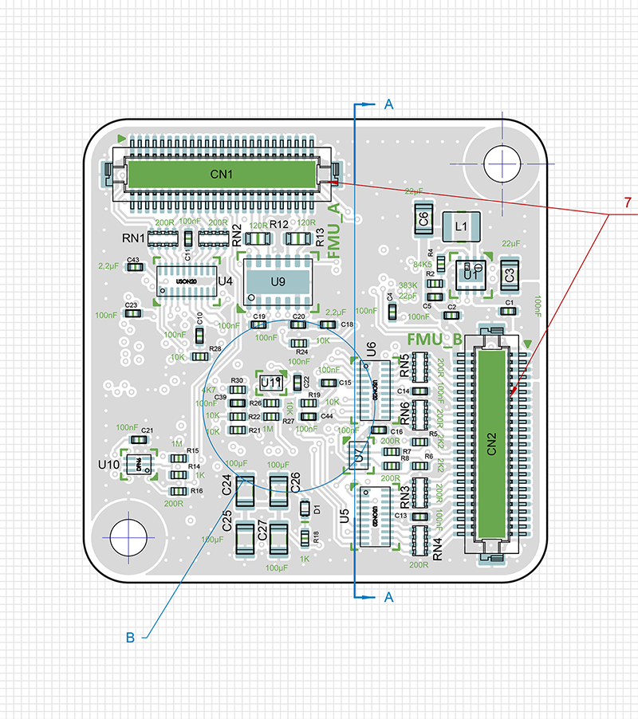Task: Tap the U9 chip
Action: pyautogui.click(x=278, y=281)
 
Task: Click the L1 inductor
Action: pyautogui.click(x=460, y=226)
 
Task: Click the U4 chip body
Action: pyautogui.click(x=187, y=281)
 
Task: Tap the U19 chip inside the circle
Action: pyautogui.click(x=272, y=383)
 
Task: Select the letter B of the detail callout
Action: pyautogui.click(x=131, y=637)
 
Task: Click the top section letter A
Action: pyautogui.click(x=388, y=104)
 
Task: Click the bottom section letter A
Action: pyautogui.click(x=388, y=596)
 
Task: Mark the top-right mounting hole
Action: pyautogui.click(x=502, y=163)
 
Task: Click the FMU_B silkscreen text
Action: pyautogui.click(x=435, y=340)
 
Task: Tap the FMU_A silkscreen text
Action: pyautogui.click(x=335, y=230)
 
